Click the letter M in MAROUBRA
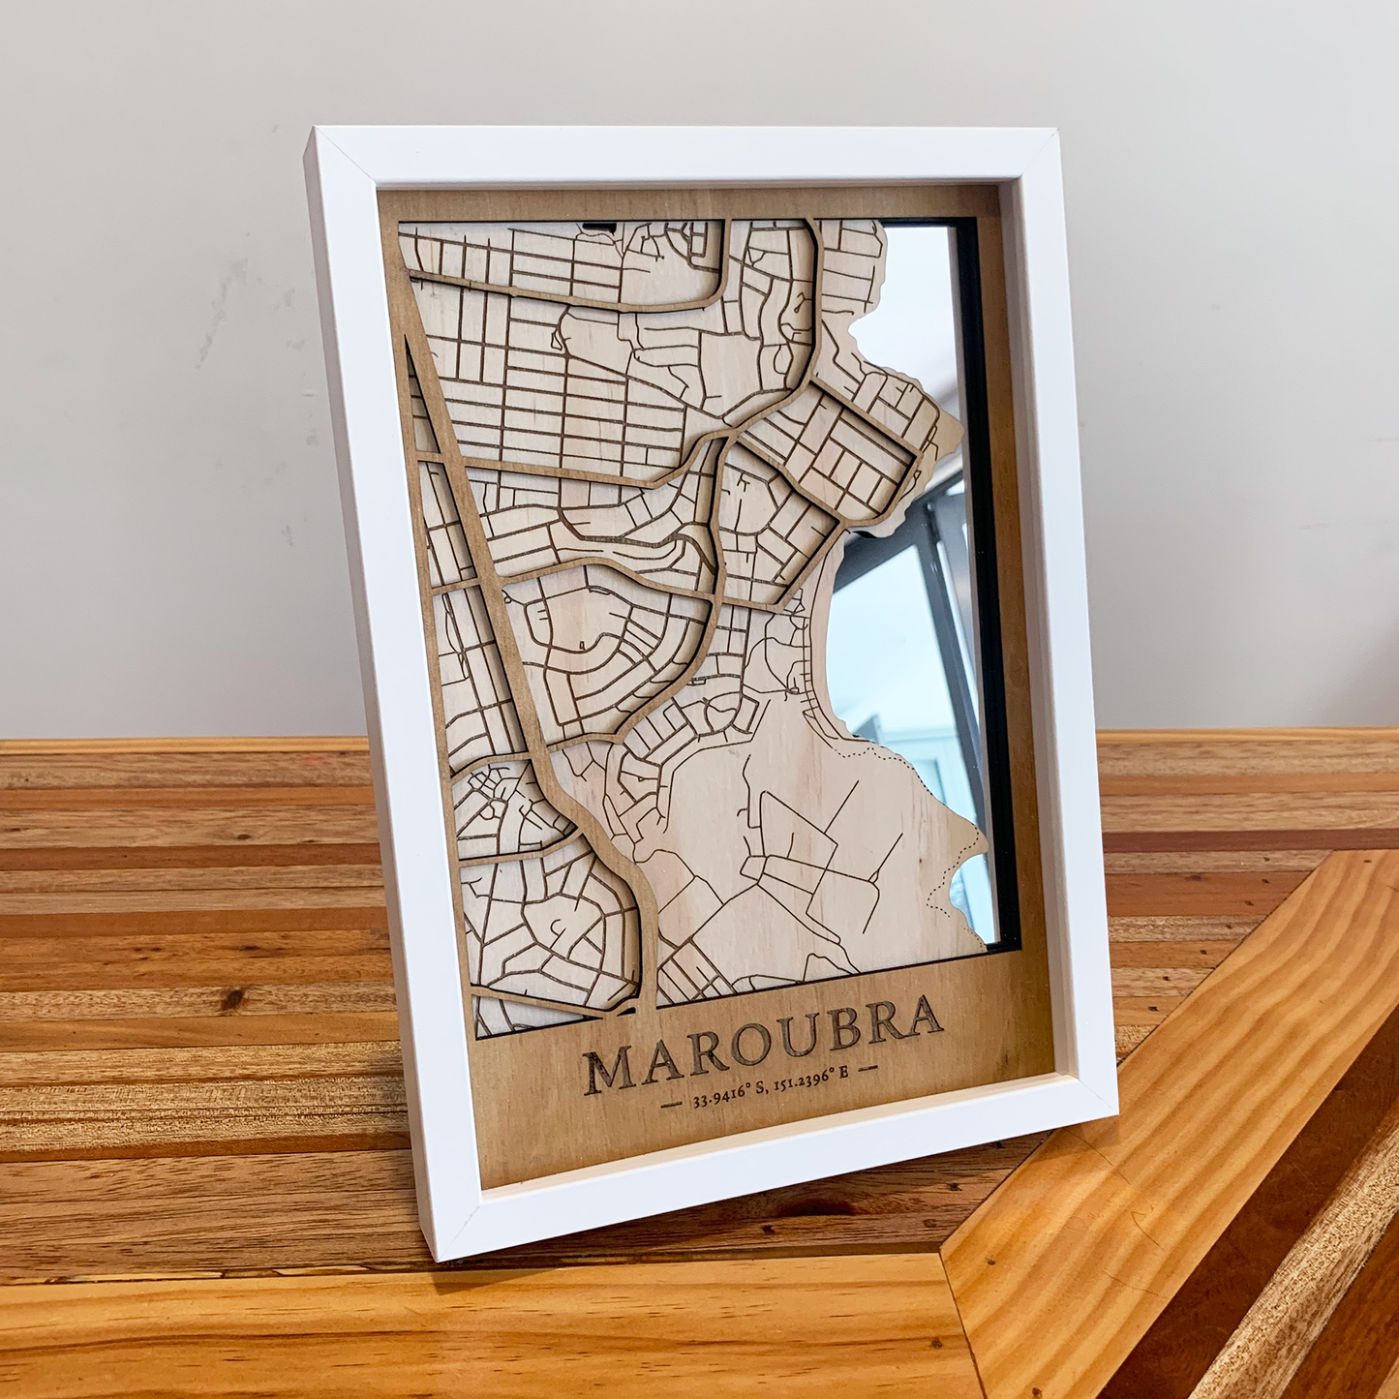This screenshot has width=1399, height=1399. (606, 1069)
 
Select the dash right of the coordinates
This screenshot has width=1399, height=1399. (868, 1068)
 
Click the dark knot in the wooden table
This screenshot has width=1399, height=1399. (231, 998)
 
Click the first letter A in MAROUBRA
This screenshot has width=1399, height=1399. (660, 1061)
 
